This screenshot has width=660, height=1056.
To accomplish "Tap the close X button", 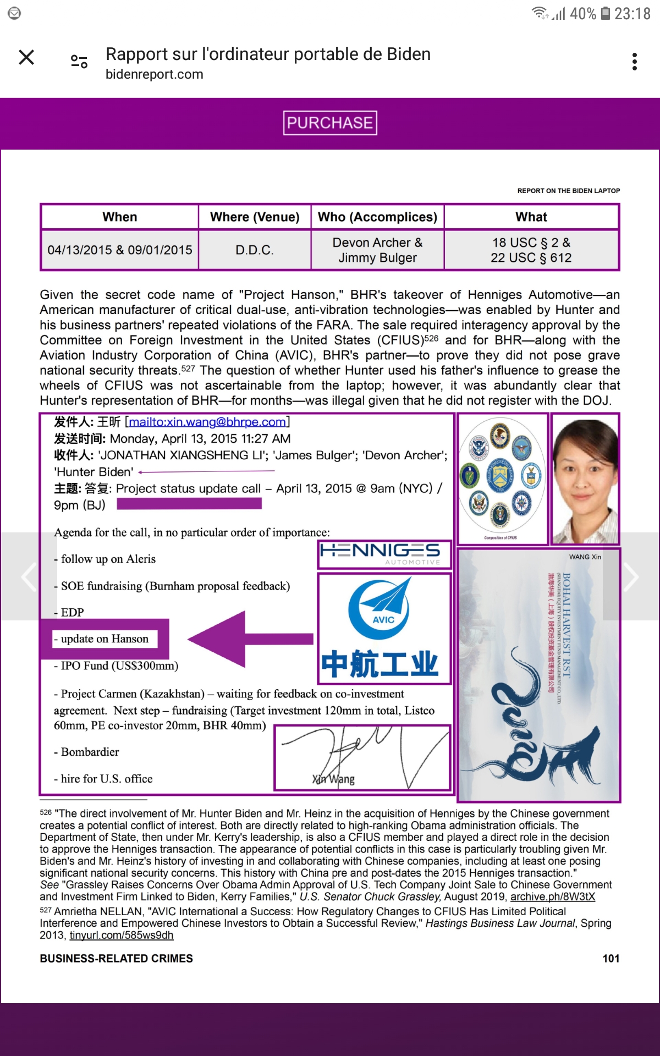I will tap(26, 57).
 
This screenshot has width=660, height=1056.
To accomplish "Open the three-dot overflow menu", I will tap(635, 62).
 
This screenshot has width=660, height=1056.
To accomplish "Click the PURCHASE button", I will tap(330, 123).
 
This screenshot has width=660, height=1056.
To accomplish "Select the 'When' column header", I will tap(120, 217).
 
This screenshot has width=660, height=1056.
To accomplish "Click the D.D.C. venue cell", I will tap(255, 250).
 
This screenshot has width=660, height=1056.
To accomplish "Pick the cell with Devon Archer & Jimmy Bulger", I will tap(377, 250).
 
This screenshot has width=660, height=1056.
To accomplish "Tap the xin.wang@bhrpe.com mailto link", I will tap(207, 422).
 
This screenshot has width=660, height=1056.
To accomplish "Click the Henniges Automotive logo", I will tap(384, 554).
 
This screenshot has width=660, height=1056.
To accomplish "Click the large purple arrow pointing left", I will tap(250, 639).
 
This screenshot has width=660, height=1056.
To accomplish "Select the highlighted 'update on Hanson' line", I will tap(105, 639).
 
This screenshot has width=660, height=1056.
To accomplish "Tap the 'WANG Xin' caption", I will tap(585, 557).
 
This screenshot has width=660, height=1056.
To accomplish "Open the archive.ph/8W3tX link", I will tap(553, 897).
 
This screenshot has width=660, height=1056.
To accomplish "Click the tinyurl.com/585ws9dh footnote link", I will tap(121, 935).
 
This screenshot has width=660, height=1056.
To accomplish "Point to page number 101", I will tap(610, 959).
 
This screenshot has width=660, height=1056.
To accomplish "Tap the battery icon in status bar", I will tap(605, 13).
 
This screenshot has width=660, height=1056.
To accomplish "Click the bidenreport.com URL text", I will tap(155, 74).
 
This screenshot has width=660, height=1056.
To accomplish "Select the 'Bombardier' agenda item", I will tap(90, 752).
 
